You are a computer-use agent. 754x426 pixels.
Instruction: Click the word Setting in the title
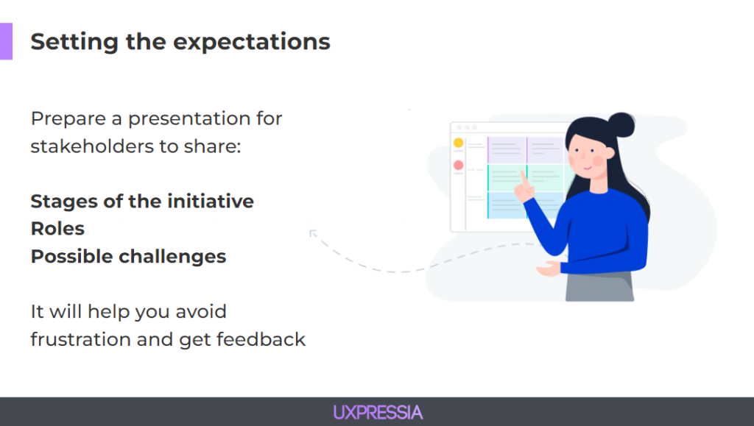[x=74, y=42]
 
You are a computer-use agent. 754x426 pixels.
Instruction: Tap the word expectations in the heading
[x=252, y=43]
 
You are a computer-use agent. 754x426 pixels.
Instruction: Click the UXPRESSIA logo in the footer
[x=378, y=413]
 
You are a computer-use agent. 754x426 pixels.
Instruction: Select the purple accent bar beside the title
[x=6, y=41]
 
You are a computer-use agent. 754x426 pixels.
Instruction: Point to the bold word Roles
[x=57, y=229]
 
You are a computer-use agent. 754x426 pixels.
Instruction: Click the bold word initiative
[x=211, y=202]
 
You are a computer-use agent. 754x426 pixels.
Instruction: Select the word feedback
[x=261, y=339]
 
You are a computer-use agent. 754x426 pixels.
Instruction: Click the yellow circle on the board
[x=458, y=143]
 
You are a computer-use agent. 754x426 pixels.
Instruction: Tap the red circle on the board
[x=458, y=166]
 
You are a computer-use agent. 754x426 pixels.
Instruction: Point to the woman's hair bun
[x=621, y=125]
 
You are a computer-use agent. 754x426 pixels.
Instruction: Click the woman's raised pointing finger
[x=524, y=177]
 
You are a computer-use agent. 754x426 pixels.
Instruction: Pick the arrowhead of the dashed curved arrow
[x=312, y=233]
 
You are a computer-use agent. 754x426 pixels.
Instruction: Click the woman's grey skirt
[x=599, y=287]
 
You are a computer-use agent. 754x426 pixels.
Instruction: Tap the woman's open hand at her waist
[x=548, y=269]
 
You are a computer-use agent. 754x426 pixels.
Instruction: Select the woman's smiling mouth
[x=587, y=168]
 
